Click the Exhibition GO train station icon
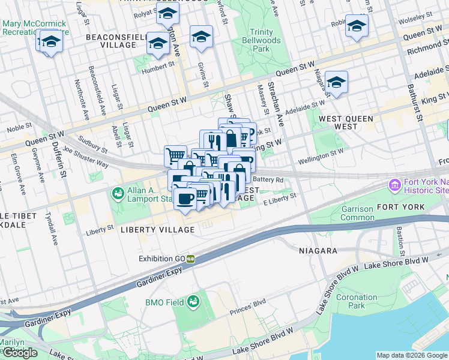(x=190, y=259)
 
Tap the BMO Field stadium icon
(x=193, y=301)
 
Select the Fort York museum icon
(x=394, y=185)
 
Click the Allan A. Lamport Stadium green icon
(x=118, y=194)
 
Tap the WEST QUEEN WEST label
(x=347, y=123)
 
